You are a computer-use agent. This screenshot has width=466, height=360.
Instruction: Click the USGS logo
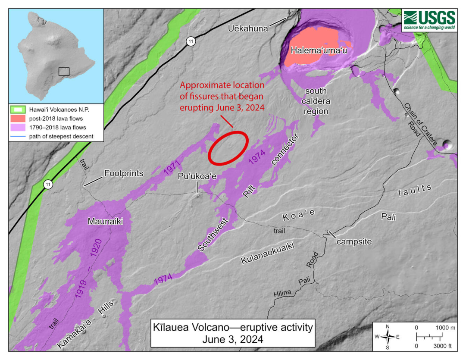(x=429, y=20)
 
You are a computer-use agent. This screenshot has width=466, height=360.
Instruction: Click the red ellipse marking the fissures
(x=228, y=147)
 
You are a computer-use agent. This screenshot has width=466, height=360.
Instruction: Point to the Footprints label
(x=123, y=173)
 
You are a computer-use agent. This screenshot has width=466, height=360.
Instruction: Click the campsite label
(x=354, y=241)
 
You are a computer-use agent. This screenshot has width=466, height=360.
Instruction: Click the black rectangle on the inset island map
(x=64, y=71)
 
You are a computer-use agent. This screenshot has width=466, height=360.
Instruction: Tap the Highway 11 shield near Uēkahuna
(x=191, y=41)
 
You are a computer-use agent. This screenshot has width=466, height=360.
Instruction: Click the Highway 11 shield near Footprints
(x=48, y=185)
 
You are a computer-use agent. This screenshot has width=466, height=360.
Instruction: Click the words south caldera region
(x=317, y=101)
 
